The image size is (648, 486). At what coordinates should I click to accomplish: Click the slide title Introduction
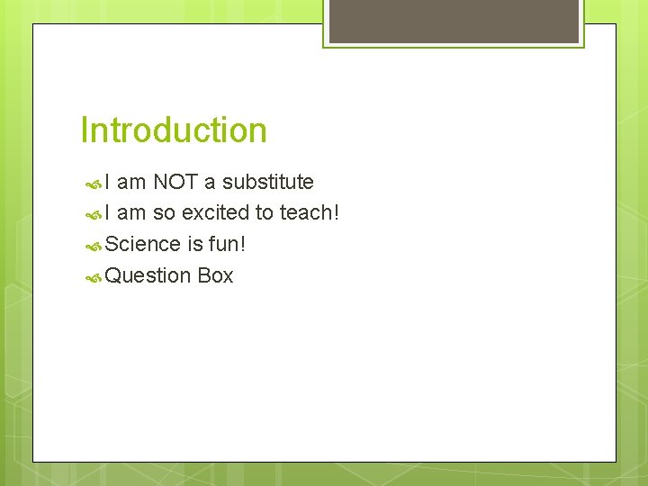pos(174,130)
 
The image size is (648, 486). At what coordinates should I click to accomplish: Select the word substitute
pos(267,182)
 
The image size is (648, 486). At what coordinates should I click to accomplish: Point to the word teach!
pos(310,213)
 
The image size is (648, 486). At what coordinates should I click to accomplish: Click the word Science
pos(143,244)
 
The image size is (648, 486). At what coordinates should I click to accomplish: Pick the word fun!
pos(228,244)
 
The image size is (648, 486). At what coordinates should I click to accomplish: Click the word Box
pos(215,276)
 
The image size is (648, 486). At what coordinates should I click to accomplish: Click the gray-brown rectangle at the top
pos(454,21)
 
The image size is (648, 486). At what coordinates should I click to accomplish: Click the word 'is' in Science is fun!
pos(194,244)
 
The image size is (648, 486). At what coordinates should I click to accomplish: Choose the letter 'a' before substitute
pos(210,183)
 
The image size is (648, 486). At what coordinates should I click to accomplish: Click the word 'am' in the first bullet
pos(131,183)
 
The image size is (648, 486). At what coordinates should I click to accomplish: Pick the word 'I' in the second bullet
pos(108,213)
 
